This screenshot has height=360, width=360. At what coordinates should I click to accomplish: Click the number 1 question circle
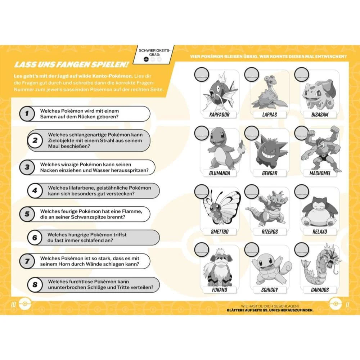[x=27, y=114]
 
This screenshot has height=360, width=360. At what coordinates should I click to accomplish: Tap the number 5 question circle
[x=27, y=214]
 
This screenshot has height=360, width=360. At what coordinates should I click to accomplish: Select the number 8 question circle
[x=35, y=284]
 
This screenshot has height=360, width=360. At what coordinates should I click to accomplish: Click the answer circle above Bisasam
[x=302, y=75]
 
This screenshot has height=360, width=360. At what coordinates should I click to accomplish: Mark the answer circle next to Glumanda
[x=201, y=134]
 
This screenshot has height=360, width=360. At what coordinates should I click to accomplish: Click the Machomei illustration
[x=319, y=149]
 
